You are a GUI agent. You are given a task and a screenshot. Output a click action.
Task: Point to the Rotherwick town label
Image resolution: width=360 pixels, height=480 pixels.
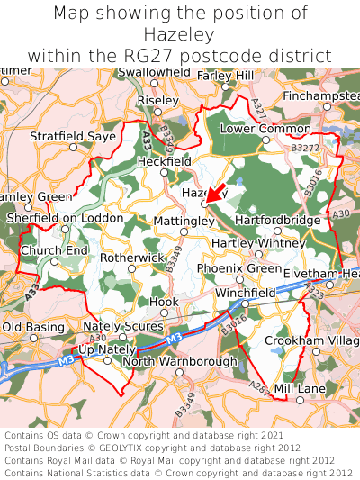click(132, 258)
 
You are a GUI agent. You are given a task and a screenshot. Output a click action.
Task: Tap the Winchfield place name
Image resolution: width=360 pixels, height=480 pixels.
click(245, 293)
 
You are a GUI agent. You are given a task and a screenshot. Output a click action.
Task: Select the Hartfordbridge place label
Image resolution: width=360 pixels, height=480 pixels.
click(277, 220)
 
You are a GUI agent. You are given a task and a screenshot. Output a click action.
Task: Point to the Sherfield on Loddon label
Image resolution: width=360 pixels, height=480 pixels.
click(64, 218)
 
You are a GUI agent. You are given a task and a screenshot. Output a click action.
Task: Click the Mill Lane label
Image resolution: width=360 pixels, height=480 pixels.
click(299, 387)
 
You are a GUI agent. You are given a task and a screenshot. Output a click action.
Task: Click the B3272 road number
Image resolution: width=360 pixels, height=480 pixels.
click(304, 145)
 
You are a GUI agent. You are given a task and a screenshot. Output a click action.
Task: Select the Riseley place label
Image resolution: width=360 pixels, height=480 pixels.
click(158, 102)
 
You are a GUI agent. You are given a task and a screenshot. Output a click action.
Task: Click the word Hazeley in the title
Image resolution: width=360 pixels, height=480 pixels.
click(180, 35)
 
